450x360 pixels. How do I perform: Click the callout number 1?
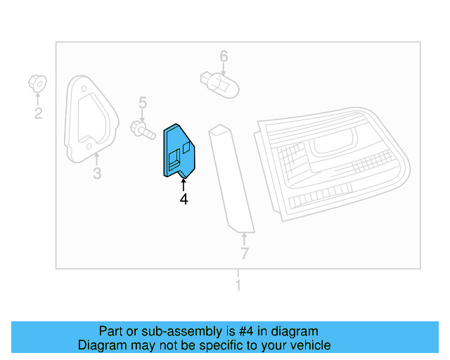pos(238,285)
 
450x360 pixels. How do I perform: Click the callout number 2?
pos(38,113)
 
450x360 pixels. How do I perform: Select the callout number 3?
pos(97,173)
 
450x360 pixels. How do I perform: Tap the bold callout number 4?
pos(184,200)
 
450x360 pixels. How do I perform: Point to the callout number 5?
pos(142,104)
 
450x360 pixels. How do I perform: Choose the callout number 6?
pos(224,56)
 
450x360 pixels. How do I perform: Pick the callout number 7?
pos(244,253)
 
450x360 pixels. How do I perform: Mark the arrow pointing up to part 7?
pos(244,238)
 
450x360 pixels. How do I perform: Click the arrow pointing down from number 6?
pos(224,68)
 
